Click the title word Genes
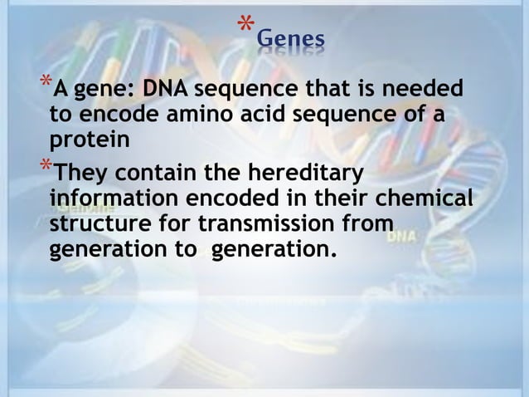point(290,39)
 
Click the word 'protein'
point(90,140)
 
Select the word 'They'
point(80,175)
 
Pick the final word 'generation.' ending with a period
point(275,250)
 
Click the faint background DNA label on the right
point(407,235)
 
